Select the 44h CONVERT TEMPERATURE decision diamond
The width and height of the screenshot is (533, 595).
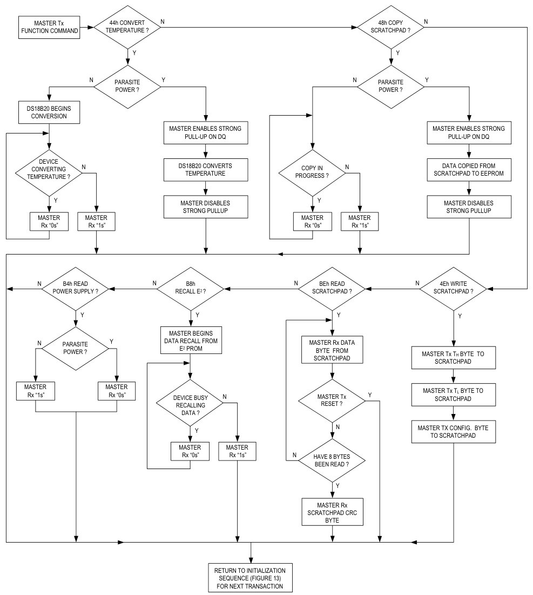(x=127, y=26)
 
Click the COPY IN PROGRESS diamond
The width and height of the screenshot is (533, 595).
(x=312, y=174)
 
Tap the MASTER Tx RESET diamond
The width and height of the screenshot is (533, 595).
(x=332, y=401)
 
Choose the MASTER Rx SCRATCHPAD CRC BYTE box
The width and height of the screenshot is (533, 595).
(x=332, y=511)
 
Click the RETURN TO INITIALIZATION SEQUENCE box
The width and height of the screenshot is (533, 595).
(x=252, y=577)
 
